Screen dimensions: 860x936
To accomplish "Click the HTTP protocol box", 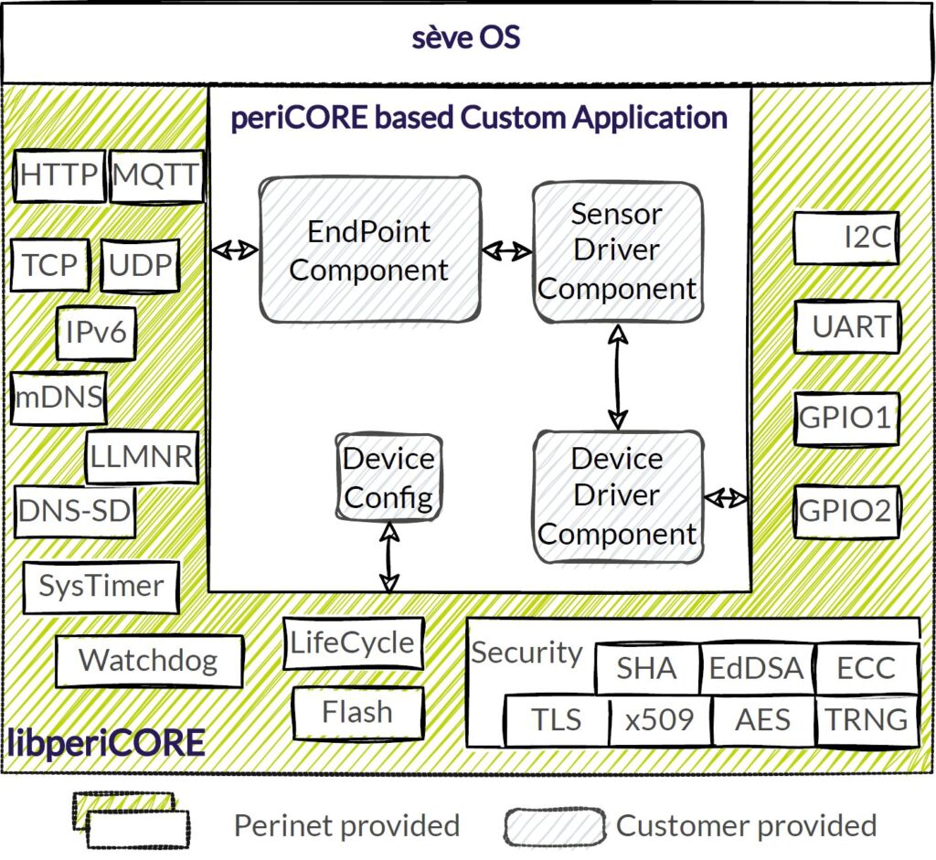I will [x=59, y=176].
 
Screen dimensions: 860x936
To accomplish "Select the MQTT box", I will [x=156, y=176].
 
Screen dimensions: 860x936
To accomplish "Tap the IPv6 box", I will [x=96, y=334].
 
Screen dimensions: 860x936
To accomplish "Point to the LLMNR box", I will [x=143, y=456].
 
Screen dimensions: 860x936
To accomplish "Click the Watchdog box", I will [x=148, y=661].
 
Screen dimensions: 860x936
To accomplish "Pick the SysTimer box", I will [x=101, y=586].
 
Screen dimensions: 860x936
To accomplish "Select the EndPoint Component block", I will [x=369, y=250].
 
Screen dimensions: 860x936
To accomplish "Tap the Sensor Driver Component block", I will [x=617, y=251].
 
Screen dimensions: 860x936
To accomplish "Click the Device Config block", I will [x=388, y=478].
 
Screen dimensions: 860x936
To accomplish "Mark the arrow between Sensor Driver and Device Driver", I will [x=619, y=377].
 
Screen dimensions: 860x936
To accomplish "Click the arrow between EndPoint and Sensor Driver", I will [x=507, y=250].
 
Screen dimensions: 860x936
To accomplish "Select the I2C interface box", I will [x=846, y=239].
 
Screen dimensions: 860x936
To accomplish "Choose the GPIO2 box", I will [x=846, y=511].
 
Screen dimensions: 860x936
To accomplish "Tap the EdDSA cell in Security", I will [x=756, y=669].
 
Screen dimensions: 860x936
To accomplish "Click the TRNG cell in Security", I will [x=867, y=719].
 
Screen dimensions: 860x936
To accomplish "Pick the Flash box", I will [x=357, y=713].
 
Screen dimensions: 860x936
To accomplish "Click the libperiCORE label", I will [x=106, y=743].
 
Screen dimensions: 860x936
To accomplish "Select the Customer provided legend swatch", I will [x=555, y=826].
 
